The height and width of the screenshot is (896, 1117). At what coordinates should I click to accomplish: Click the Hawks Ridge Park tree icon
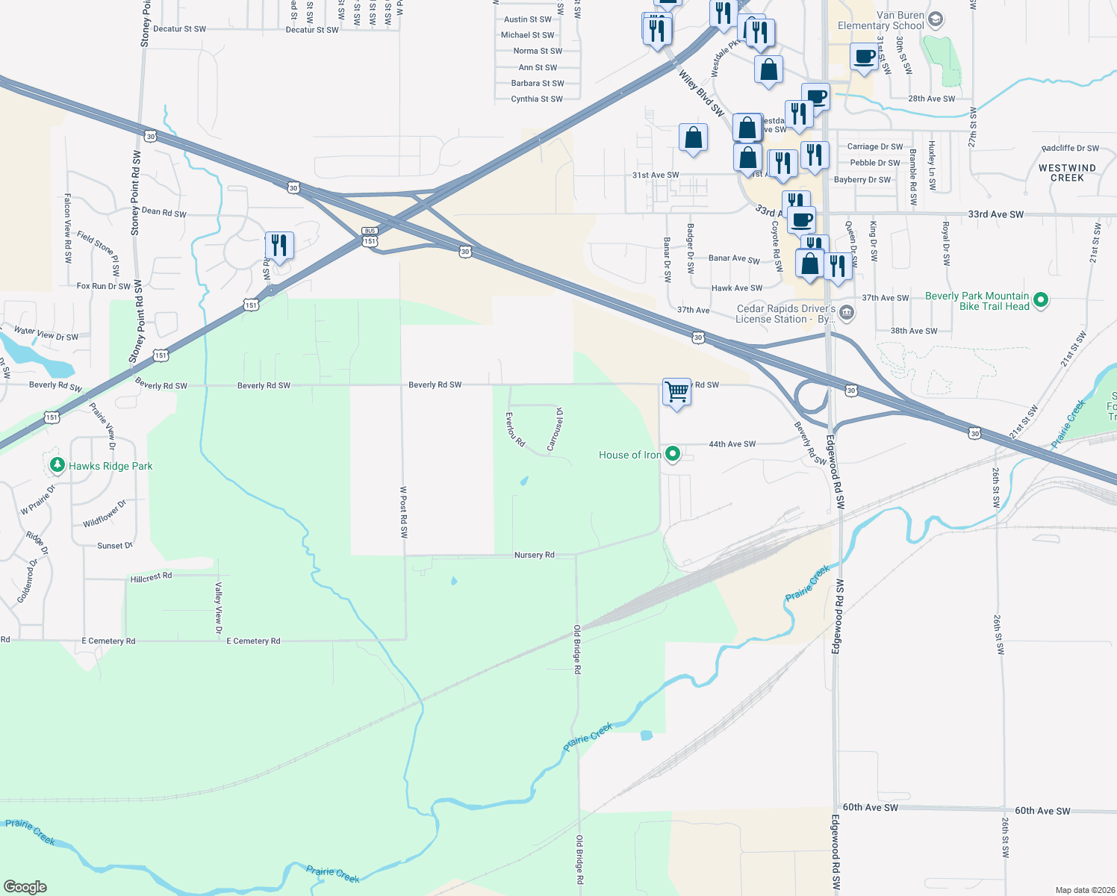point(57,465)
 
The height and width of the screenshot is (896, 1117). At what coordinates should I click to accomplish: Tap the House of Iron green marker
point(672,454)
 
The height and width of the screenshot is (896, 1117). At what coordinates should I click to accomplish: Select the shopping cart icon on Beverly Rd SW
point(676,391)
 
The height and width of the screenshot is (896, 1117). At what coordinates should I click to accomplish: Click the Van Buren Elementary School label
point(880,20)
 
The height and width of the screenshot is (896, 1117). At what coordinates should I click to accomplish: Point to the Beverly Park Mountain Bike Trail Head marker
point(1041,301)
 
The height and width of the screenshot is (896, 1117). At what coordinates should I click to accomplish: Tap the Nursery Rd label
point(534,555)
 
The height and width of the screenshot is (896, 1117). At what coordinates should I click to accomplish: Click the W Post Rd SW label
point(403,512)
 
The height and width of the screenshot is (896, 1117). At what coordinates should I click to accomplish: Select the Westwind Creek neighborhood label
point(1067,172)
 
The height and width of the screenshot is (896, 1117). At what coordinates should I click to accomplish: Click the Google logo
point(25,886)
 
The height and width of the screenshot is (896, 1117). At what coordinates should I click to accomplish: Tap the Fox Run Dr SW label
point(104,286)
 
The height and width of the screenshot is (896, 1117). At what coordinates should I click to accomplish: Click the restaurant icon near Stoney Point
point(279,245)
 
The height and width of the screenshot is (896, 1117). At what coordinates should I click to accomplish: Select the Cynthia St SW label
point(537,99)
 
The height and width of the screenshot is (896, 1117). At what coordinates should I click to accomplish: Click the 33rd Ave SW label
point(995,214)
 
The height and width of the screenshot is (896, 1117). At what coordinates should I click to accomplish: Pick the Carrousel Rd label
point(556,429)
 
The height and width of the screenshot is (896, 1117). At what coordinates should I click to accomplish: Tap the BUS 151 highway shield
point(370,237)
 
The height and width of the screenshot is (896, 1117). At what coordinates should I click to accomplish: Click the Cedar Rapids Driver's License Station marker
point(846,313)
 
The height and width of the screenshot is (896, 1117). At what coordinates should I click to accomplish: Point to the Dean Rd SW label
point(164,212)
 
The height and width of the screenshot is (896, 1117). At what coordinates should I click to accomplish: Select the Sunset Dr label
point(115,546)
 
